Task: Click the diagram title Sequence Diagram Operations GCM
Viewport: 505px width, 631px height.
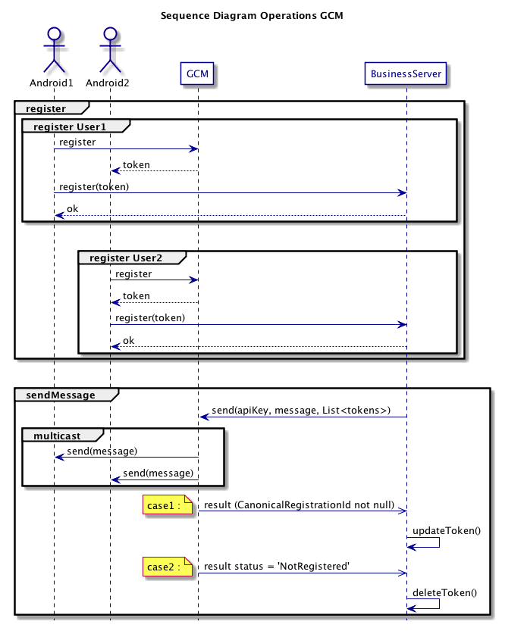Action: point(252,15)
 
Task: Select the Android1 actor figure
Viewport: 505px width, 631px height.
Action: point(53,47)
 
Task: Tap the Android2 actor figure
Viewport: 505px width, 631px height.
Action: point(110,47)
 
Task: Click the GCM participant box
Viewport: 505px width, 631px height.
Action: point(198,74)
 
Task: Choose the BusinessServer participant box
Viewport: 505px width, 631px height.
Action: point(406,74)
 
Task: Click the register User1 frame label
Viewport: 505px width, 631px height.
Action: point(71,126)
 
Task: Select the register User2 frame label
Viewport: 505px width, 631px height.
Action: point(126,258)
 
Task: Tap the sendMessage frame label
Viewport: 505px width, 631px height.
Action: point(61,395)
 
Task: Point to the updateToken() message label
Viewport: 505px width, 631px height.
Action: point(447,530)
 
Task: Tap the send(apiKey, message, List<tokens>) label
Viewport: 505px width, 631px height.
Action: point(301,411)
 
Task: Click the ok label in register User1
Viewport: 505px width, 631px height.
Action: point(72,209)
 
